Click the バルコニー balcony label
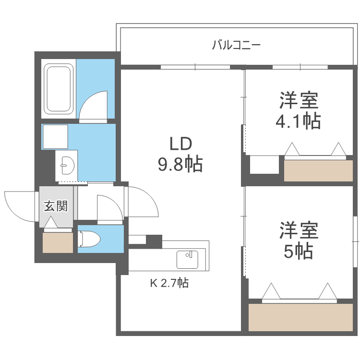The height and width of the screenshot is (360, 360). (x=236, y=46)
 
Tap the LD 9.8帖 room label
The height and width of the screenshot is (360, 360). (x=180, y=155)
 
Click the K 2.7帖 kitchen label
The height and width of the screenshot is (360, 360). (x=169, y=283)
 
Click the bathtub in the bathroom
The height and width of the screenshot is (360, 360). (x=59, y=89)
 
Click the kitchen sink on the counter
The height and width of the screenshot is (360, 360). (x=188, y=259)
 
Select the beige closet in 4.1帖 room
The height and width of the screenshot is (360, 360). (x=318, y=170)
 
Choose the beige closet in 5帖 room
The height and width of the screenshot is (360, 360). (x=300, y=317)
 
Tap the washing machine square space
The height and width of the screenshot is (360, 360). (x=55, y=137)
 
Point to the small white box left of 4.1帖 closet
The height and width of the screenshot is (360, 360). (x=264, y=165)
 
